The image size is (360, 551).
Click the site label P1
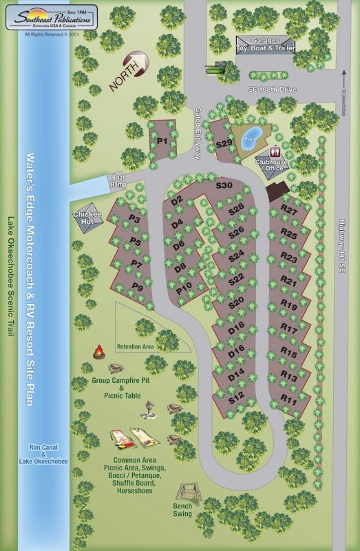(x=162, y=141)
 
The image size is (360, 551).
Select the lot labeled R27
(x=288, y=209)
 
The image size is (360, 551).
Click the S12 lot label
(x=236, y=397)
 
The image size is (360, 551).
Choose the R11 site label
(x=288, y=399)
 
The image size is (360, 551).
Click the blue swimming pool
(x=251, y=134)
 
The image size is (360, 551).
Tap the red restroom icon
(x=276, y=152)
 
